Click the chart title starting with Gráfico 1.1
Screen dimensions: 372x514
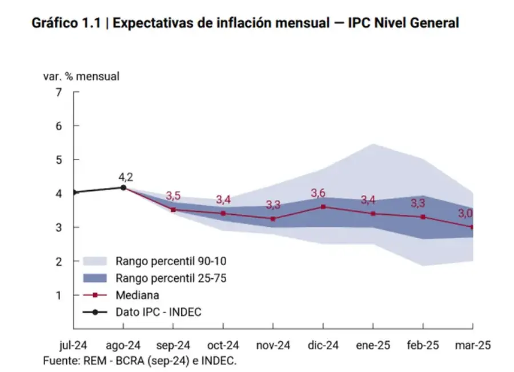(x=245, y=23)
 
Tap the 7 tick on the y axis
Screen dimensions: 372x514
(x=59, y=92)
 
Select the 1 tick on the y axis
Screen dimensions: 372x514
(x=59, y=295)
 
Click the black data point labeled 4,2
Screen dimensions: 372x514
(x=123, y=187)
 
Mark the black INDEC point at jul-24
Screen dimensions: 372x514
(x=74, y=193)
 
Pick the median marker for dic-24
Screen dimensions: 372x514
(x=323, y=206)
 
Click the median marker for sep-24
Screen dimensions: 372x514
(x=173, y=210)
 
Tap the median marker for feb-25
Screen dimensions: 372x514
(x=423, y=217)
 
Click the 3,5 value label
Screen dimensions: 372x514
(x=173, y=197)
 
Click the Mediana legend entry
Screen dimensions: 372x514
(x=137, y=295)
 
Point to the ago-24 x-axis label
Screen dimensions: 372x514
(x=123, y=346)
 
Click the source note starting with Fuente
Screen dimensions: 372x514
(x=139, y=361)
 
